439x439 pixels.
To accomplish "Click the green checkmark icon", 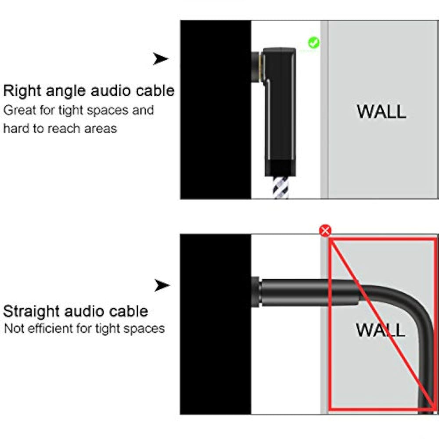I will [x=313, y=43].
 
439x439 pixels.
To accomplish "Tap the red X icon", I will [x=325, y=230].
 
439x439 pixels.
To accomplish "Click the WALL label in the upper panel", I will [x=381, y=111].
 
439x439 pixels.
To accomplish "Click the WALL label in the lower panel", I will [x=380, y=329].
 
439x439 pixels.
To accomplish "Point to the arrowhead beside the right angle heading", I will [x=161, y=59].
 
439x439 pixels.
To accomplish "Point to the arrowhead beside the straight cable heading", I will [x=162, y=286].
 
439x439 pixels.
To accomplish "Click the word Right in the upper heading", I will [x=22, y=91].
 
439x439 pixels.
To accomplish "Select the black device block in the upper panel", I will [x=216, y=110].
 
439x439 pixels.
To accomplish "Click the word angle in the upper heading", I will [x=68, y=91].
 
